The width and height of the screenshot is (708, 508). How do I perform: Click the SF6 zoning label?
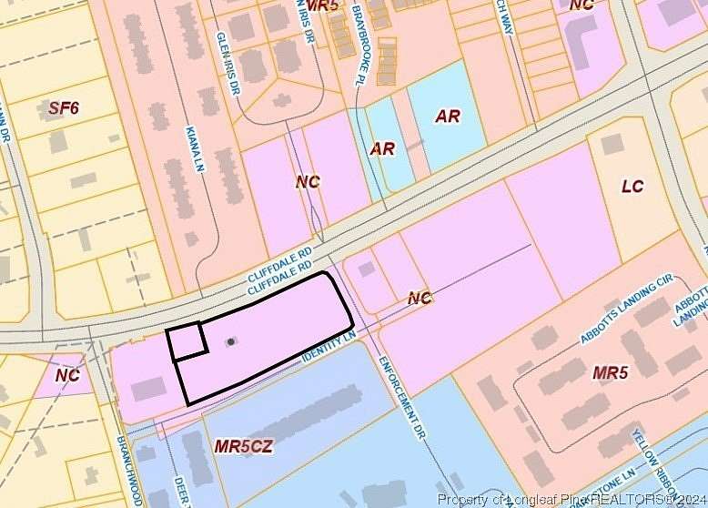coord(64,109)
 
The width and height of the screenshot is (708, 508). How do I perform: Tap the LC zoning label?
coord(632,187)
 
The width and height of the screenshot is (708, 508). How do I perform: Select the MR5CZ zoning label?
coord(243,448)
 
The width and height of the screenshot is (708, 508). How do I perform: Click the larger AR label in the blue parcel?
coord(447,117)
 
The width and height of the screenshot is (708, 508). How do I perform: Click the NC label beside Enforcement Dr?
coord(420,298)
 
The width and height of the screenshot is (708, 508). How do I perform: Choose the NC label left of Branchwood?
coord(67,375)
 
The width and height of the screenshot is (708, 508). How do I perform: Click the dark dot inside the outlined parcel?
coord(231,341)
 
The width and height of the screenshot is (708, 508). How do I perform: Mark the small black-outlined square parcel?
coord(187,341)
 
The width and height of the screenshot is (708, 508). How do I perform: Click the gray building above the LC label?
coord(612,144)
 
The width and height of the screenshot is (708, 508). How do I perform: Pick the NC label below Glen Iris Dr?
coord(308,182)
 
